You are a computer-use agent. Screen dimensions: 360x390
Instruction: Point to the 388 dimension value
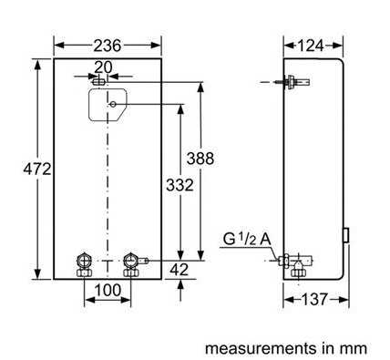tap(200, 158)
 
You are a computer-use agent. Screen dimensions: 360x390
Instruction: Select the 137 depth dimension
tap(315, 299)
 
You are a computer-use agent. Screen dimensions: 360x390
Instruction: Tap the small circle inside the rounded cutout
tap(111, 105)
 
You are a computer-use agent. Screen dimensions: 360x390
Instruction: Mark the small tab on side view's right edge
tap(347, 235)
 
